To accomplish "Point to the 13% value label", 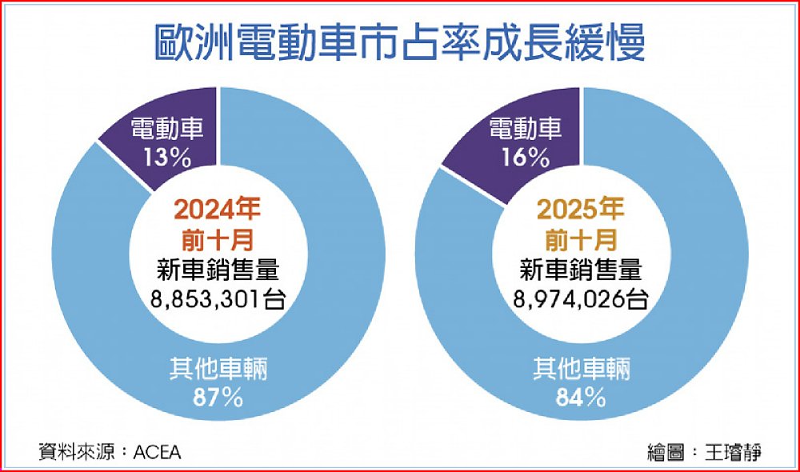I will (x=168, y=158).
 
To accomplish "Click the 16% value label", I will (x=526, y=158).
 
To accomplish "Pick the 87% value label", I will (x=218, y=397).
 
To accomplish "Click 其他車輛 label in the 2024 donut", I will (x=218, y=370).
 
